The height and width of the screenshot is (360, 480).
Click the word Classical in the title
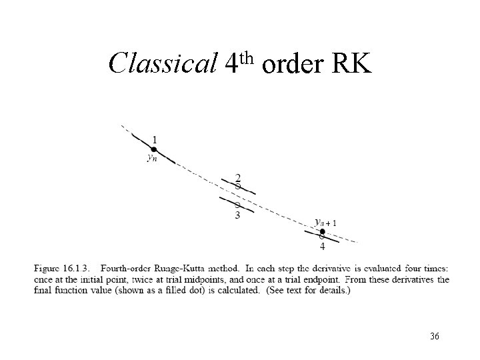click(x=163, y=63)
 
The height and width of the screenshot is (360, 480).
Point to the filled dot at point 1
click(x=153, y=149)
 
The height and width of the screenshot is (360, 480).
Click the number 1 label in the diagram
click(x=155, y=139)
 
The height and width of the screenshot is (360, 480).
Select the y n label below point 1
click(x=153, y=159)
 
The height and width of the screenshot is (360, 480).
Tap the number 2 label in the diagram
click(x=238, y=177)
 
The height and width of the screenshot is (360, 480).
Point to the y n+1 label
click(x=326, y=222)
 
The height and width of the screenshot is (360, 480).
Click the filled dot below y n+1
click(x=323, y=231)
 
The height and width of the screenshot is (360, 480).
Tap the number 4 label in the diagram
click(x=323, y=247)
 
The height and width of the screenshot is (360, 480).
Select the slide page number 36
click(x=435, y=336)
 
